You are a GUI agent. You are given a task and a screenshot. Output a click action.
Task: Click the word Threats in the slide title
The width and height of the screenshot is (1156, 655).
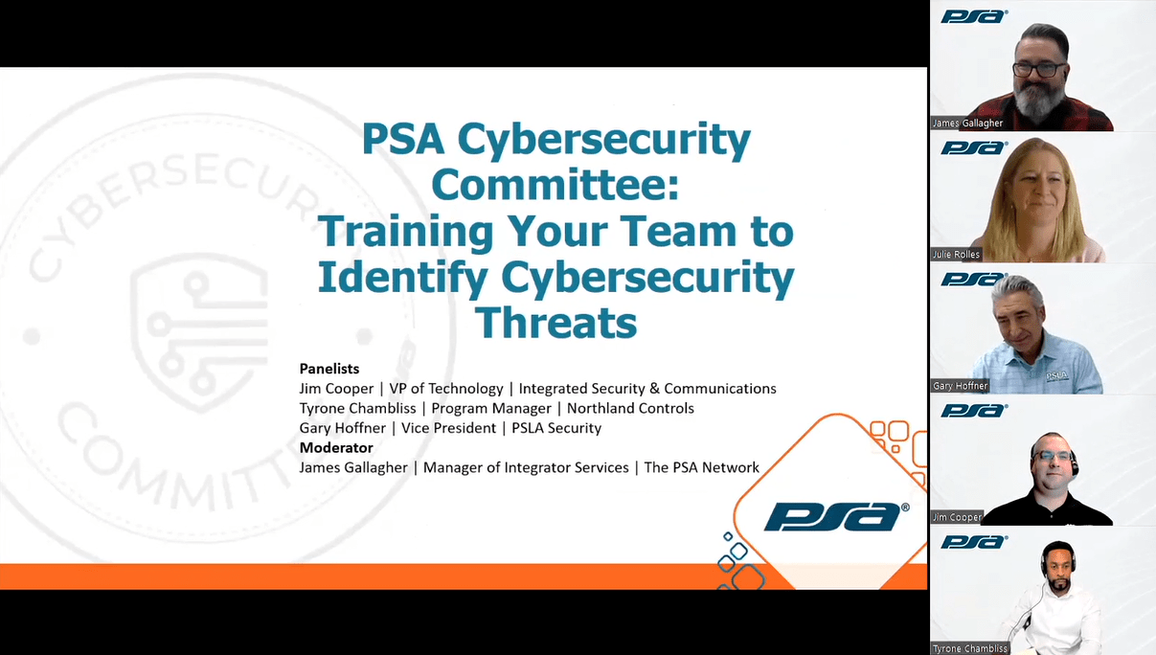coord(555,323)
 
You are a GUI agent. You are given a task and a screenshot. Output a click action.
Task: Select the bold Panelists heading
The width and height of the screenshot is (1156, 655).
coord(329,369)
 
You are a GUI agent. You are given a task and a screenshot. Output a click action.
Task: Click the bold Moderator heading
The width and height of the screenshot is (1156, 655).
coord(336,447)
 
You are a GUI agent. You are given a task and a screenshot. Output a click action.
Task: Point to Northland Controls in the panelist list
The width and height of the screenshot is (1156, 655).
coord(630,408)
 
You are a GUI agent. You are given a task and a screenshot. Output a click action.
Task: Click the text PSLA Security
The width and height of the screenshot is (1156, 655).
coord(556,428)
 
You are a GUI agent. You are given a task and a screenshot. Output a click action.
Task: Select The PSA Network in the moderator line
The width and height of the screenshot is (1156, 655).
coord(701,467)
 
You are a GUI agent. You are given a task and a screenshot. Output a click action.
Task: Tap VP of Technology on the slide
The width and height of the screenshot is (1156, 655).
coord(446,389)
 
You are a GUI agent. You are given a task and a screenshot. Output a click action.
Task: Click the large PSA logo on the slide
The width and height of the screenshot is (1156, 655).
coord(836,517)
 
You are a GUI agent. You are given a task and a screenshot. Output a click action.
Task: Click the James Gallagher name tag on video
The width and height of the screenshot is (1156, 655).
coord(967,124)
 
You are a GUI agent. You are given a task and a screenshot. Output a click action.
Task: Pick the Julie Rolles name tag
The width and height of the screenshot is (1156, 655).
coord(956,255)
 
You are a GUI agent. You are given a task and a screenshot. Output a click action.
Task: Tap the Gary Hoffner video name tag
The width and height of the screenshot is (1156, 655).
coord(960,386)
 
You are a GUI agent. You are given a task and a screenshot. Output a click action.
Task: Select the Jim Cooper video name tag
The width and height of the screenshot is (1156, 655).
coord(957,517)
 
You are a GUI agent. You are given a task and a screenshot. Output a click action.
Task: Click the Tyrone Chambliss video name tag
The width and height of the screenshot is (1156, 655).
coord(969,648)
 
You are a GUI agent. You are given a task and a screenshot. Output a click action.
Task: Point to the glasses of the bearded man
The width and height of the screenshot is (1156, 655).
coord(1038,70)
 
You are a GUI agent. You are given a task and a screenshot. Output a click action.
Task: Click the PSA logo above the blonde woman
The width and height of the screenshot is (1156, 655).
coord(974,147)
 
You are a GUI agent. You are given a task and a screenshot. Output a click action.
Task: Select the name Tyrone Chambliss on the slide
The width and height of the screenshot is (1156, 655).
coord(357,408)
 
